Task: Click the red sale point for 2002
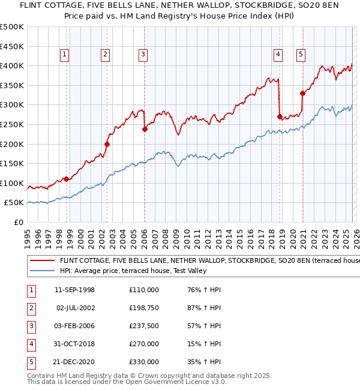pos(107,144)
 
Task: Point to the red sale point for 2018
pos(280,116)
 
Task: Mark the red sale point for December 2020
pos(303,93)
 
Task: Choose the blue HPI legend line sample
pos(42,271)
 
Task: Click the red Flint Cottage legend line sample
pos(42,261)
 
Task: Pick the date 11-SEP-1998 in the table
pos(74,290)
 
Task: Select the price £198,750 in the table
pos(143,308)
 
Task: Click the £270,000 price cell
pos(143,344)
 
